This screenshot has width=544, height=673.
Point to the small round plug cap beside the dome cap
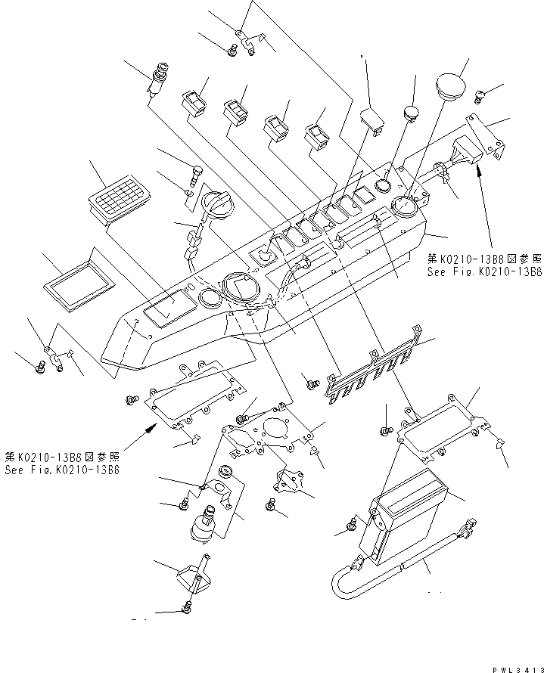(411, 113)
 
